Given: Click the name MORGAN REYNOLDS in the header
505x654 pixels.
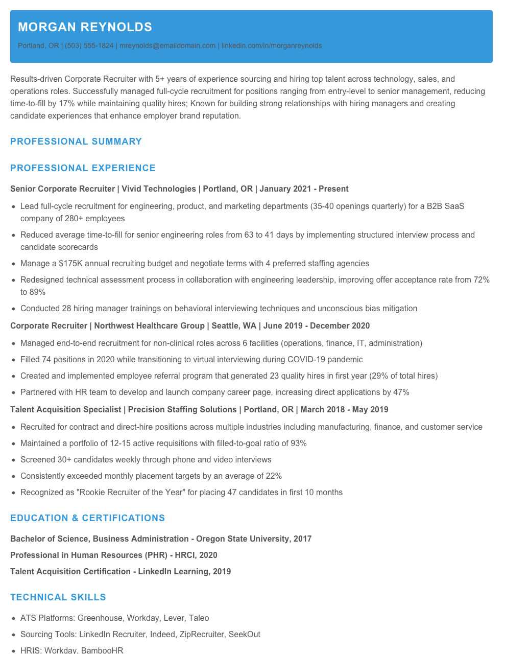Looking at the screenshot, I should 85,27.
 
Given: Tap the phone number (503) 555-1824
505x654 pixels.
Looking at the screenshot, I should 89,45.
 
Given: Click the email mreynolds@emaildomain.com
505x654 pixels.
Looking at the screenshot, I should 167,45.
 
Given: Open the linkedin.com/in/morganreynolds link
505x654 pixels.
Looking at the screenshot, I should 272,45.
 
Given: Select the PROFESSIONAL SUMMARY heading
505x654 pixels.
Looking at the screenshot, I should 76,142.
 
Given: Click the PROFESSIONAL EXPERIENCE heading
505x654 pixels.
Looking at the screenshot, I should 83,168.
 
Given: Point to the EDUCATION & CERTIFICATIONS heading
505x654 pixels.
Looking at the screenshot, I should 87,518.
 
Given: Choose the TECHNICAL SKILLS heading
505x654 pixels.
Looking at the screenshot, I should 58,597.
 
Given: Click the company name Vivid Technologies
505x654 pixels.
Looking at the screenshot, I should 159,189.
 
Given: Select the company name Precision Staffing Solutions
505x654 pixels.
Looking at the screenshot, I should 182,410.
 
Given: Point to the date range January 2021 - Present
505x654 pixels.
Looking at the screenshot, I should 304,189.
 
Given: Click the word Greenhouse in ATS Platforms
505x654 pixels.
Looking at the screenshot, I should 100,618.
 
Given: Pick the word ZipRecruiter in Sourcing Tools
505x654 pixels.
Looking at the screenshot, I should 201,635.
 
